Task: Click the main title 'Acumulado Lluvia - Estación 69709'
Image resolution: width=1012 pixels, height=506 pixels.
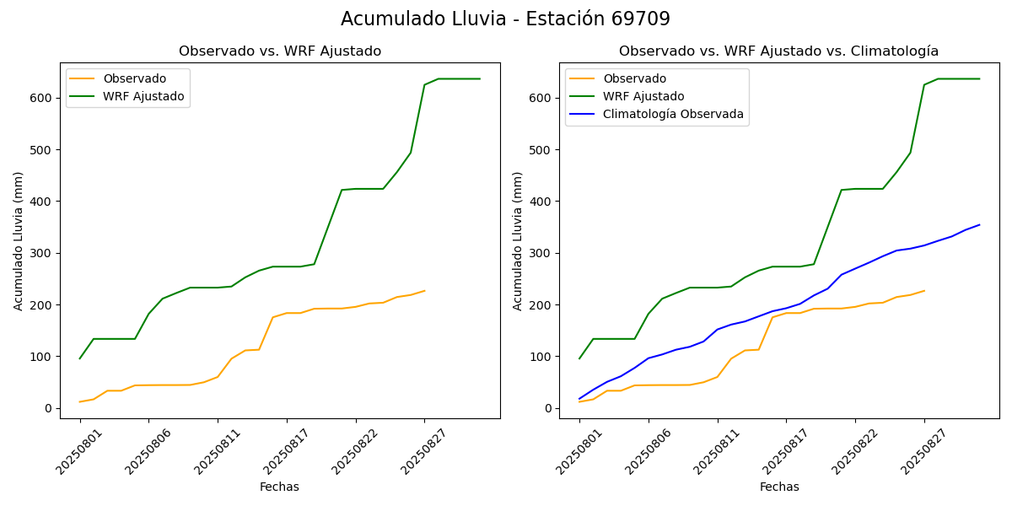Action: pos(505,19)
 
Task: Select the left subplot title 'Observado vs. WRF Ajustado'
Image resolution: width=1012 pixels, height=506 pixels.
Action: pos(280,51)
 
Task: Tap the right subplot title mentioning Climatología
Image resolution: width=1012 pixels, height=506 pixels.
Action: pos(778,51)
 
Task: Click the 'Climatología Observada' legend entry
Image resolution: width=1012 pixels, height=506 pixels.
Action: pos(673,115)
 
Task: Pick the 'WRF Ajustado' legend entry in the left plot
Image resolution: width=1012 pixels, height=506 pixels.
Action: pos(143,97)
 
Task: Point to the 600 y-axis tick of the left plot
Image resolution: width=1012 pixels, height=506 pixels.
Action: pos(40,98)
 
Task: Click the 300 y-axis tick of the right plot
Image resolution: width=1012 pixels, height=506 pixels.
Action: pos(540,253)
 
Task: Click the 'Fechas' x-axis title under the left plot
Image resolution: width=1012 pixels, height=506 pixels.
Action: pos(279,487)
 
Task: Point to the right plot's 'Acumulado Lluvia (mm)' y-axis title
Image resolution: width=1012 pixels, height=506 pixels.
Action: pos(518,240)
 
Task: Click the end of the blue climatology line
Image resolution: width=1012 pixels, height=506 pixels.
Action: pos(979,225)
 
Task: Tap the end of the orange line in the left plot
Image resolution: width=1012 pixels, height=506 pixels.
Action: pos(425,291)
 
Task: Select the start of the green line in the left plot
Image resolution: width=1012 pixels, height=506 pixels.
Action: pos(80,358)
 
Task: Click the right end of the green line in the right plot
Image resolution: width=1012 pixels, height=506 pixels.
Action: pos(979,79)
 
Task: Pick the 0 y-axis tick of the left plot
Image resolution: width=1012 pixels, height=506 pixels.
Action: pos(48,408)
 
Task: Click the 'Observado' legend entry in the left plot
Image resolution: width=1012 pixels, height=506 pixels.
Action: pos(135,78)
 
